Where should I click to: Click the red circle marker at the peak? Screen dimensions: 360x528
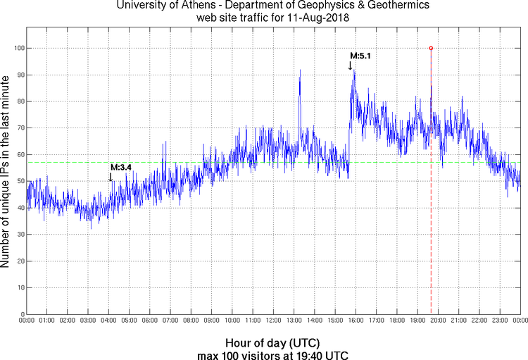(431, 48)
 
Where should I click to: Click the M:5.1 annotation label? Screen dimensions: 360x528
(360, 56)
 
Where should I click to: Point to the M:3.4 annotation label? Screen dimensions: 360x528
(120, 167)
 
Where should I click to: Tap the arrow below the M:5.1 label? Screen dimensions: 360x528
(350, 66)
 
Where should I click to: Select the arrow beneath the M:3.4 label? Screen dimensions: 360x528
(110, 177)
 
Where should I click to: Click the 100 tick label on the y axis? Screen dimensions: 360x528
(17, 48)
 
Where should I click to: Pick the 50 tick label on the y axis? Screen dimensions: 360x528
(19, 181)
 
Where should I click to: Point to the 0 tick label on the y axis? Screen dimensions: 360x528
(21, 314)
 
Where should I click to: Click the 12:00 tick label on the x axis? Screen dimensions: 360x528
(273, 321)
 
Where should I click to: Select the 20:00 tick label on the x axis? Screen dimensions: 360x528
(438, 321)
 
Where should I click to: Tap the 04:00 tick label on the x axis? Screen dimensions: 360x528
(109, 321)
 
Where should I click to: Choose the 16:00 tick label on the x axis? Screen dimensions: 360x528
(356, 321)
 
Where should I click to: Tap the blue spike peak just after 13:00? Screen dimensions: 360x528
(300, 70)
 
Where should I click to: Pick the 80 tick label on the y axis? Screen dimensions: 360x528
(19, 101)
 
